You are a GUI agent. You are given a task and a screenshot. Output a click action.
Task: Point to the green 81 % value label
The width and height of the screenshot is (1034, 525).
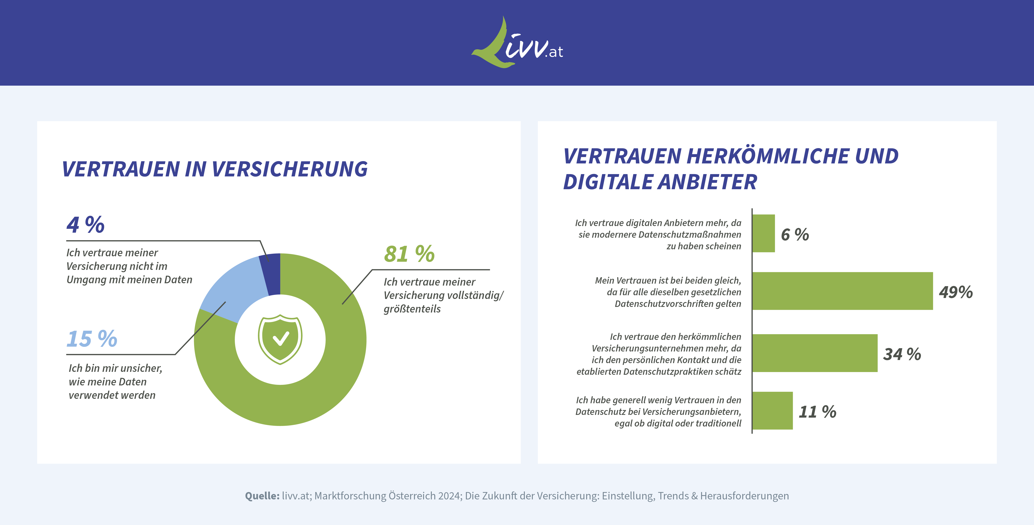(409, 254)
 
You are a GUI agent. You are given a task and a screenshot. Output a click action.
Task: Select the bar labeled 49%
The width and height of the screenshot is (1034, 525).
(842, 291)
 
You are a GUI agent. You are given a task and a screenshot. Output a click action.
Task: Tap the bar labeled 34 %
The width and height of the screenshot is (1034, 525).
(815, 353)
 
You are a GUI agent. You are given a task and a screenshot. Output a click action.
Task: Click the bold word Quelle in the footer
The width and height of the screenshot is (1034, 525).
(262, 496)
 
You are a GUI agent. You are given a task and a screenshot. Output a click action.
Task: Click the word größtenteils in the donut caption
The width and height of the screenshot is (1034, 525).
(412, 309)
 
